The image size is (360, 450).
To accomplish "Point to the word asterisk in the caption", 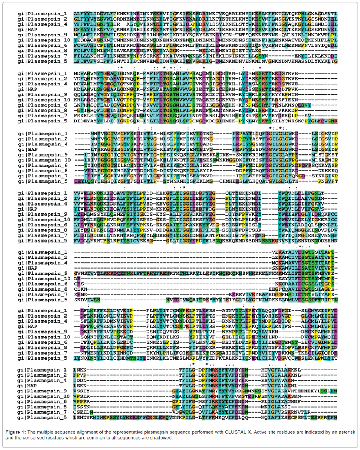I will [345, 432].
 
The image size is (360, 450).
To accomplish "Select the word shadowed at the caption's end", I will [160, 438].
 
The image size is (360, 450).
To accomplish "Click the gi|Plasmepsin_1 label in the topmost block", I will [42, 13].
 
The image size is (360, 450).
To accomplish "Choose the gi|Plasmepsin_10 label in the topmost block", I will [44, 40].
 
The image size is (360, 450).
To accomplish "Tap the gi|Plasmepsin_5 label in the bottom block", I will [42, 418].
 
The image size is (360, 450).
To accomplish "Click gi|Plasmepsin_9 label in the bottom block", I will [42, 391].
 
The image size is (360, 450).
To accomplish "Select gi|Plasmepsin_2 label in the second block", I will [42, 78].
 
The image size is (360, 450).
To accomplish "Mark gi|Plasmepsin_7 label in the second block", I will [42, 116].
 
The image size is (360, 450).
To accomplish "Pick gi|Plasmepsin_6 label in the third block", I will [42, 165].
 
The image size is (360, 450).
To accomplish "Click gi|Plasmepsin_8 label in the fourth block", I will [42, 230].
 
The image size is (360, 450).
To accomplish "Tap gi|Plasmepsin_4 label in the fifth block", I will [42, 263].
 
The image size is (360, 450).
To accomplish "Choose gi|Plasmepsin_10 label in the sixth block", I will [44, 337].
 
